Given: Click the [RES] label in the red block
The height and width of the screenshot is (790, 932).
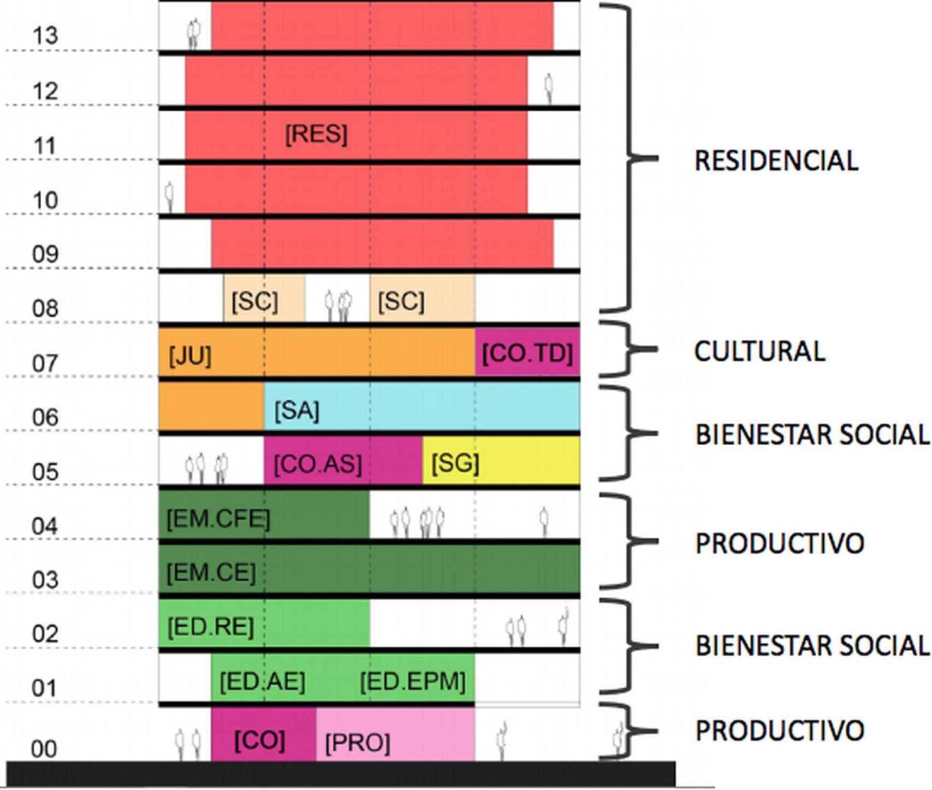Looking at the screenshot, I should pyautogui.click(x=316, y=134).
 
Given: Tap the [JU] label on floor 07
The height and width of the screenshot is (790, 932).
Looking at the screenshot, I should pyautogui.click(x=190, y=355).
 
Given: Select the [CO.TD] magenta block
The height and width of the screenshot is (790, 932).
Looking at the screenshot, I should pyautogui.click(x=527, y=353).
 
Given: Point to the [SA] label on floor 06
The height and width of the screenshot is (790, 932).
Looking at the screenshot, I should pyautogui.click(x=297, y=411).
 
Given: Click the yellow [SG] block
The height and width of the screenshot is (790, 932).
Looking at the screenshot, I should pyautogui.click(x=501, y=461).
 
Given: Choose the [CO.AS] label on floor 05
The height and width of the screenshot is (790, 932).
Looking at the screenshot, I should pyautogui.click(x=317, y=464).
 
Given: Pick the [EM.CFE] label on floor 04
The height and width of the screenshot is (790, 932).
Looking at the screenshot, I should pyautogui.click(x=218, y=518).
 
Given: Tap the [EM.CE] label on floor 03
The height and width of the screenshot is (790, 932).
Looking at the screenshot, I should pyautogui.click(x=211, y=573).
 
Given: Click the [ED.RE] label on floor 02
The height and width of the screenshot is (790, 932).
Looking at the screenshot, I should pyautogui.click(x=210, y=627).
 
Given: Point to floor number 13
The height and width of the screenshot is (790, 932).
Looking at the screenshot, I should pyautogui.click(x=45, y=36).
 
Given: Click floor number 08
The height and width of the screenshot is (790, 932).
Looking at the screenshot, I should pyautogui.click(x=45, y=308).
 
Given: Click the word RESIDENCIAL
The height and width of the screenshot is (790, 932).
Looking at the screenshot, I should pyautogui.click(x=776, y=161).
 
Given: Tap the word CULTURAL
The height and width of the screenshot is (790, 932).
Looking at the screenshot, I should pyautogui.click(x=759, y=351).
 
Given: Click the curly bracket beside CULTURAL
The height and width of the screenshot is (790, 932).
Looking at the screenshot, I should pyautogui.click(x=628, y=349).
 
